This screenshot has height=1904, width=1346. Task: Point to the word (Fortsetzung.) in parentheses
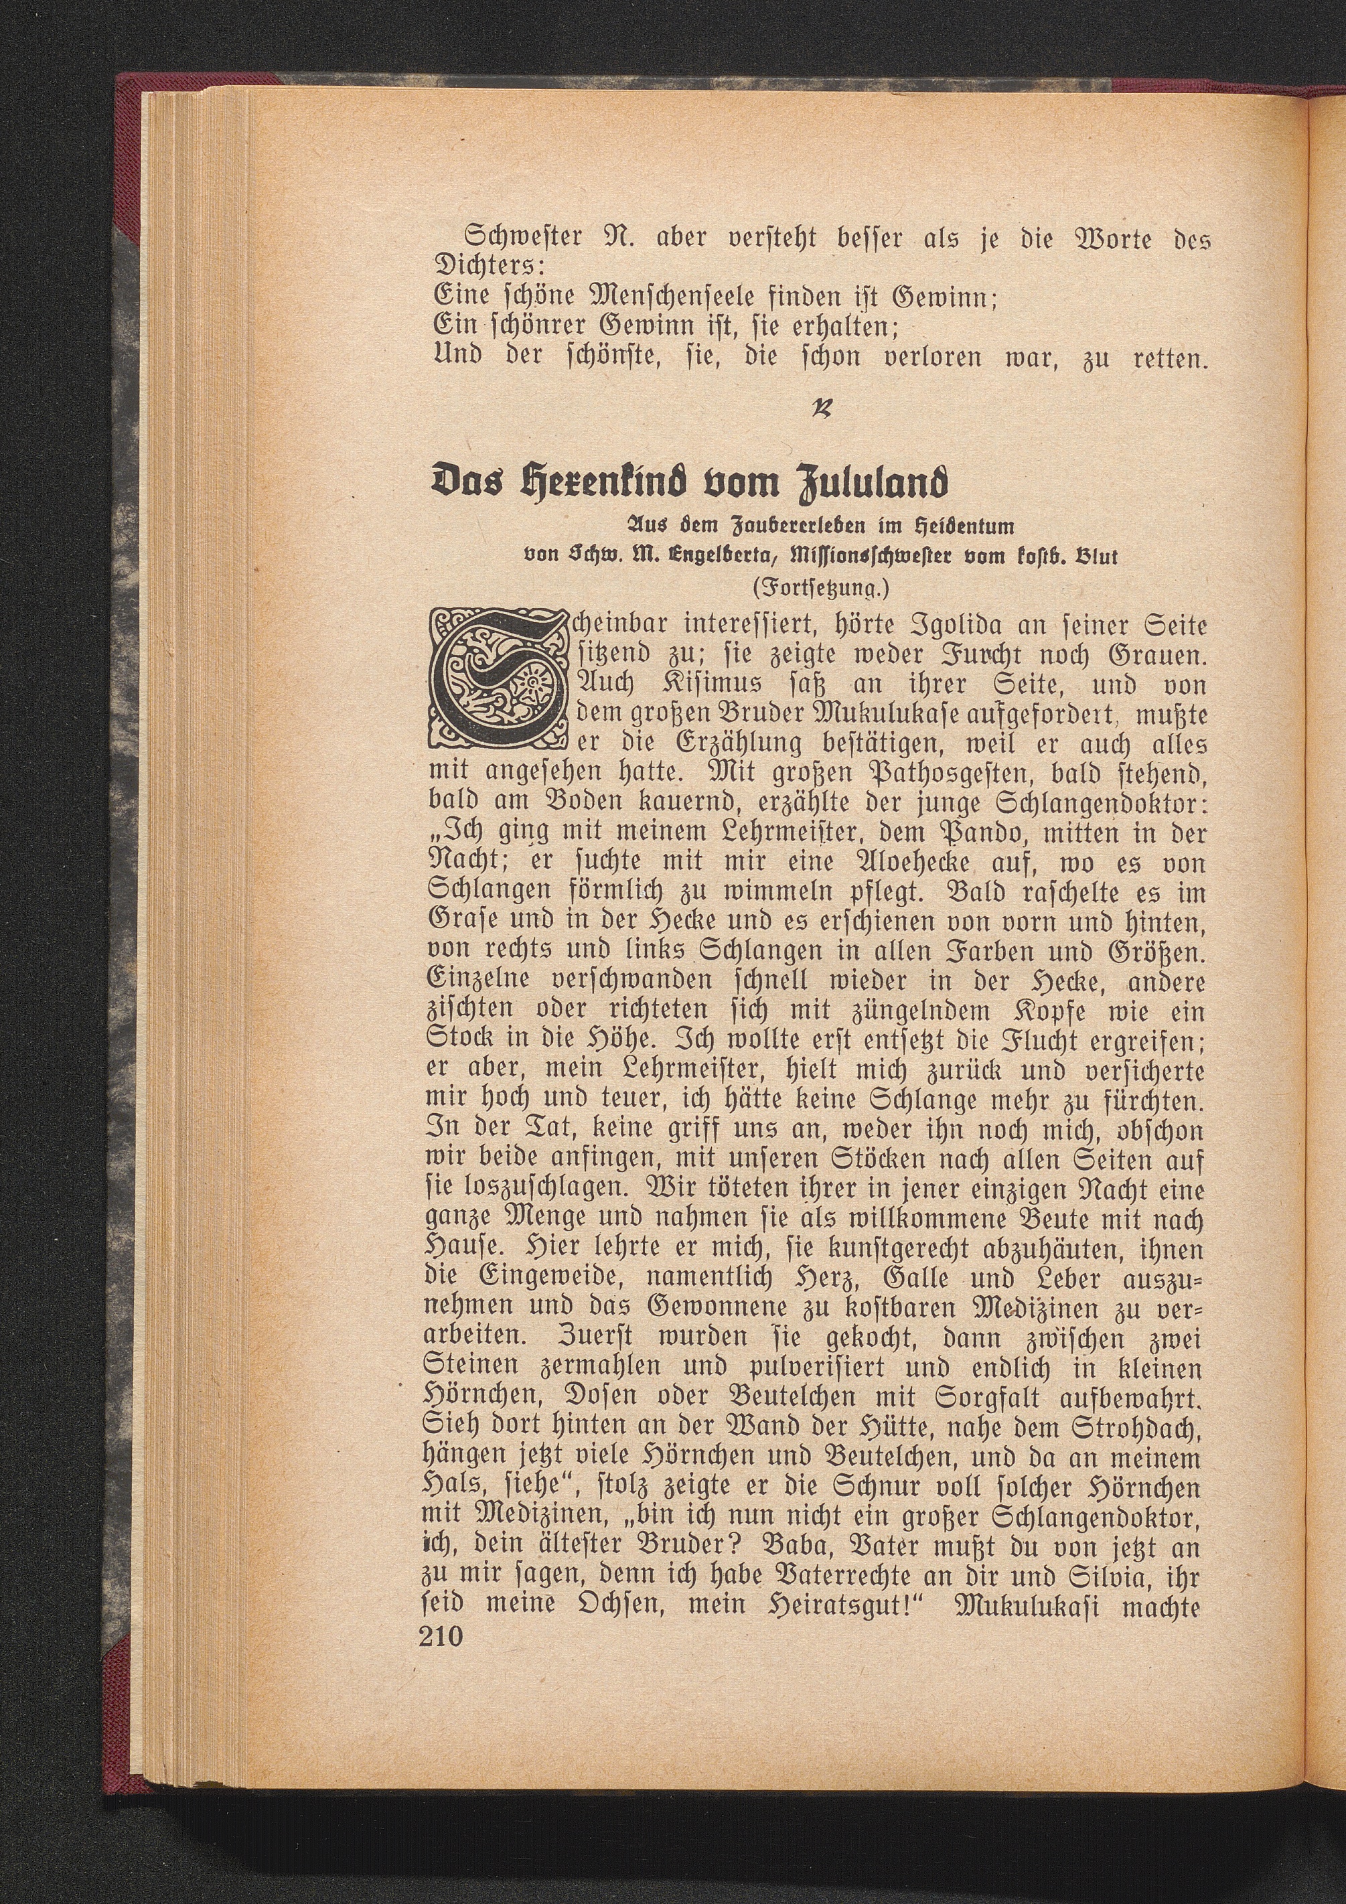820,589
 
